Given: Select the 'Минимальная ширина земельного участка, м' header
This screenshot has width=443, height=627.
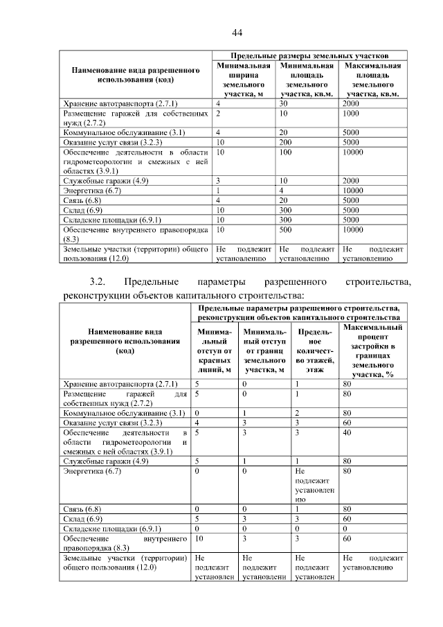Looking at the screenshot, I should [x=243, y=79].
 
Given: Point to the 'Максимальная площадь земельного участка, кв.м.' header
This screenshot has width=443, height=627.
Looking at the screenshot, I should [x=372, y=79].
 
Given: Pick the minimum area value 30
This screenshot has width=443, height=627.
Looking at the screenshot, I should [x=283, y=103].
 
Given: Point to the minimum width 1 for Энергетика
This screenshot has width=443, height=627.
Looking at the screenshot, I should [x=218, y=190].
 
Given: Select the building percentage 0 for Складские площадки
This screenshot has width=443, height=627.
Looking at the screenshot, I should [x=345, y=527].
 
